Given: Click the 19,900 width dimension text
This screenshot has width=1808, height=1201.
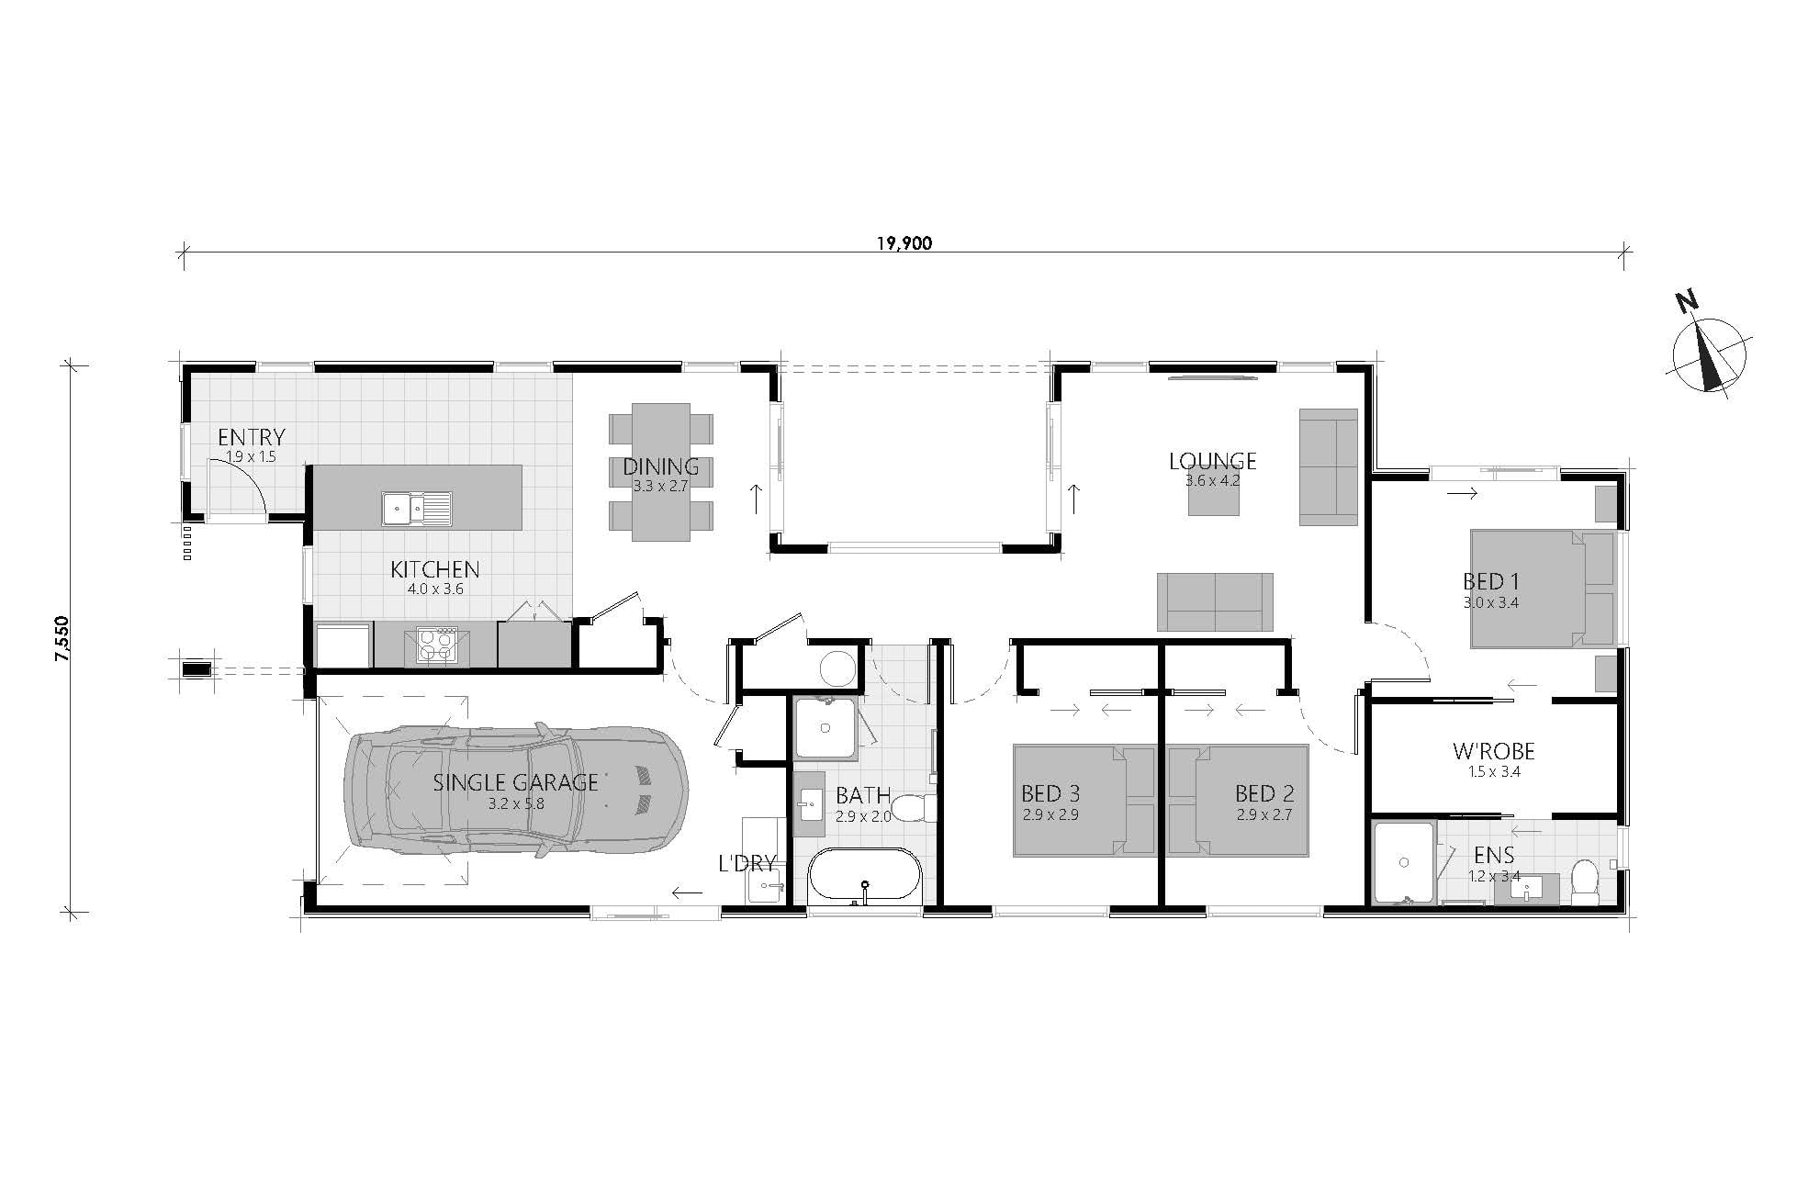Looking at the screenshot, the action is pyautogui.click(x=904, y=243).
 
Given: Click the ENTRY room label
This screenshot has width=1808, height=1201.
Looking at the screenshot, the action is pyautogui.click(x=252, y=437).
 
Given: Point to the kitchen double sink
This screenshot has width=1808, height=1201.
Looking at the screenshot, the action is pyautogui.click(x=417, y=508).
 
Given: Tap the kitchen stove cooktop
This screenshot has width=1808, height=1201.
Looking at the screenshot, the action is pyautogui.click(x=436, y=645).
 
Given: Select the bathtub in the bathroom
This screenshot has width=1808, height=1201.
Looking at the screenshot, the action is pyautogui.click(x=863, y=878).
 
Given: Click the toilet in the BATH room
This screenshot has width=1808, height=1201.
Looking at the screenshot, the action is pyautogui.click(x=915, y=808).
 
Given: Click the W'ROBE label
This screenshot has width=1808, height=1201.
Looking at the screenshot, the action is pyautogui.click(x=1494, y=752).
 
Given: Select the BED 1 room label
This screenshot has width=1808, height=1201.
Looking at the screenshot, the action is pyautogui.click(x=1490, y=581).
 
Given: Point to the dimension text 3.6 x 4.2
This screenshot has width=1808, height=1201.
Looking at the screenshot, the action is pyautogui.click(x=1213, y=479).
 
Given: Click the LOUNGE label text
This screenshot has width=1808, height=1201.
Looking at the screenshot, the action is pyautogui.click(x=1213, y=461).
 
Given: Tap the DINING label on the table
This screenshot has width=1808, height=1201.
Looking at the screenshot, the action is pyautogui.click(x=661, y=466).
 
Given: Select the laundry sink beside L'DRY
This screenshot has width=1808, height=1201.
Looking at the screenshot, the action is pyautogui.click(x=764, y=885).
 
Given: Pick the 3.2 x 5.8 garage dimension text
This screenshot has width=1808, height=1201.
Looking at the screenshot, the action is pyautogui.click(x=516, y=803).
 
